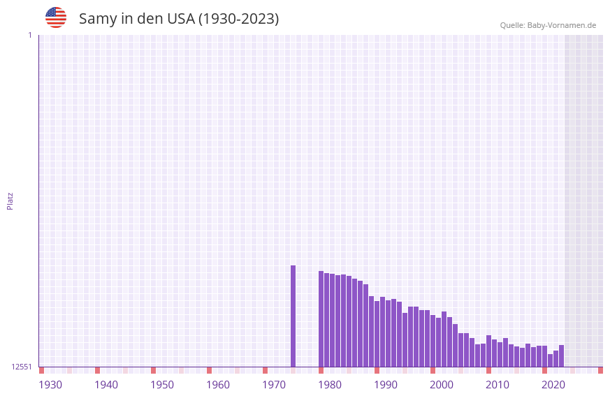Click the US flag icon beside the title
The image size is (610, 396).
coord(56,17)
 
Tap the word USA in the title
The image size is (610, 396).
coord(181,19)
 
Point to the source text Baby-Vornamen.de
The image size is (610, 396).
coord(561,26)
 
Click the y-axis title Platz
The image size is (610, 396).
coord(10,200)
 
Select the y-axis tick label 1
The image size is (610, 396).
coord(29,35)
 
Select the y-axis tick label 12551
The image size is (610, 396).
coord(22,367)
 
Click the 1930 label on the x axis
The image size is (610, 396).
coord(50,385)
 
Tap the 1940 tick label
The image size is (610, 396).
coord(106,385)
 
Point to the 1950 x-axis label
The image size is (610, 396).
coord(162,385)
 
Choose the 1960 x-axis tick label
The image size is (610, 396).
coord(218,385)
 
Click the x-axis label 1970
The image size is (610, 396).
coord(274,385)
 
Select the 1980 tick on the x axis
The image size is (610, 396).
coord(330,385)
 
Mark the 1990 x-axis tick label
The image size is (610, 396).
coord(386,385)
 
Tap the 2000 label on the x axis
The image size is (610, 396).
coord(442,385)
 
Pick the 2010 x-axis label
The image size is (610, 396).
coord(498,385)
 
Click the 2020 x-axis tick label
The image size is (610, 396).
coord(553,385)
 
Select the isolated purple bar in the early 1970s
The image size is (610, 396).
coord(293,316)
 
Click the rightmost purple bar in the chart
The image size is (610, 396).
coord(561,356)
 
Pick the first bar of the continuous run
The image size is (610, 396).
coord(321,318)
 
